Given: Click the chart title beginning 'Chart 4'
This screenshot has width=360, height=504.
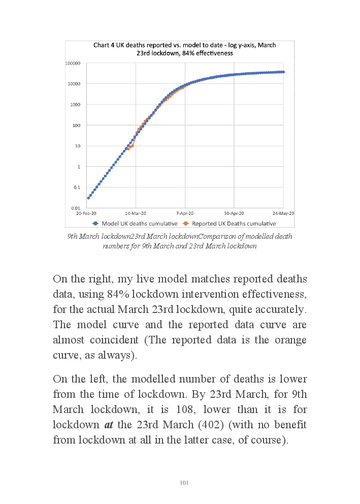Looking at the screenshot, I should pyautogui.click(x=184, y=49).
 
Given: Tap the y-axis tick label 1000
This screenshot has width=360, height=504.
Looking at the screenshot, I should pyautogui.click(x=76, y=105).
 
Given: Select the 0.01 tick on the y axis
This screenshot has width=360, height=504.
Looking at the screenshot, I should pyautogui.click(x=76, y=208).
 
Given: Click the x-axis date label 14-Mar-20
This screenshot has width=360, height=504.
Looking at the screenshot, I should pyautogui.click(x=136, y=213).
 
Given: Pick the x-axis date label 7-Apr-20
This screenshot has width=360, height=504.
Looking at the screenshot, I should pyautogui.click(x=185, y=213).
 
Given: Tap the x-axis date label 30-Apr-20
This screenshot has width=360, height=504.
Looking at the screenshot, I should pyautogui.click(x=234, y=213).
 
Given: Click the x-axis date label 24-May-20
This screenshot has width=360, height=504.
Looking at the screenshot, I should pyautogui.click(x=283, y=213).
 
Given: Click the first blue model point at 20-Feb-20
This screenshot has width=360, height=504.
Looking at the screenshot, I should pyautogui.click(x=88, y=198).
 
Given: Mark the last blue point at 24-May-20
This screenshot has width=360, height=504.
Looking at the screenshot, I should pyautogui.click(x=283, y=72).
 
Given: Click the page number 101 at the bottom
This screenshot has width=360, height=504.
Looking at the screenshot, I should pyautogui.click(x=184, y=483).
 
